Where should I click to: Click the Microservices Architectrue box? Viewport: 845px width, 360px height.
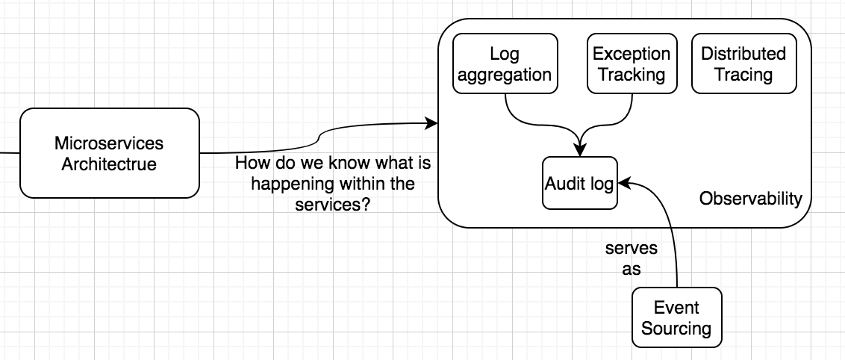[x=109, y=153]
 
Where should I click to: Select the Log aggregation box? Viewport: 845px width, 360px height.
[x=505, y=64]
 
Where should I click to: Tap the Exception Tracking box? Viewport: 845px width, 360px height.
[x=632, y=64]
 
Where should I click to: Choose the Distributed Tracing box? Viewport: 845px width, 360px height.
[x=743, y=64]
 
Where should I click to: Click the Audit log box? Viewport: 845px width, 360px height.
[x=580, y=184]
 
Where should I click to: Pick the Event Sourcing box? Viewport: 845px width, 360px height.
[x=676, y=318]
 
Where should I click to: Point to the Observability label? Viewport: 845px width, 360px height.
[x=750, y=199]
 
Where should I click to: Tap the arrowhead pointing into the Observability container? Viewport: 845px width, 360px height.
[x=431, y=122]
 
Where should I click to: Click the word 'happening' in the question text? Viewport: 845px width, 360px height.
[x=287, y=184]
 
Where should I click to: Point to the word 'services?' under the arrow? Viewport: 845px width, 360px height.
[x=334, y=205]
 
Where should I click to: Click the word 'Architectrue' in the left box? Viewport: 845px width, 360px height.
[x=109, y=164]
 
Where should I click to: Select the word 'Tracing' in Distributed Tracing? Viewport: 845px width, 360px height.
[x=743, y=75]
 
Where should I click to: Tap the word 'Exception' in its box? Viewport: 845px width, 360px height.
[x=632, y=54]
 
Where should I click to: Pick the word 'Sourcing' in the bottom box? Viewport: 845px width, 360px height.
[x=676, y=329]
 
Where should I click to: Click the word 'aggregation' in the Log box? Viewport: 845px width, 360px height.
[x=505, y=75]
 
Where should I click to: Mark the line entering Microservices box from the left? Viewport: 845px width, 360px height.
[x=9, y=153]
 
